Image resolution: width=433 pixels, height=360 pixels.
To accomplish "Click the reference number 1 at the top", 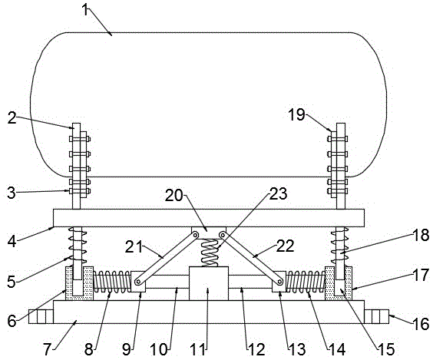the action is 86,11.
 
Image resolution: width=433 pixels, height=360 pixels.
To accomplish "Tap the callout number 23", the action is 278,193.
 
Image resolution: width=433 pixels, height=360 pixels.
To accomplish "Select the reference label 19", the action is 296,114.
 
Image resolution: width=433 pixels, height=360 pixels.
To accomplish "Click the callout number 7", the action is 48,349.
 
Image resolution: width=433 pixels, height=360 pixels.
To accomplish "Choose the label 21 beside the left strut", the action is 134,246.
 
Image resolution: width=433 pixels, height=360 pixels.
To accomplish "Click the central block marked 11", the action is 209,283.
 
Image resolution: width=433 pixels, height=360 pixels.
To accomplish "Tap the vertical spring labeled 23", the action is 210,253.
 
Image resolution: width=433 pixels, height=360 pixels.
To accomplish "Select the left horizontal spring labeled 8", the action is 112,282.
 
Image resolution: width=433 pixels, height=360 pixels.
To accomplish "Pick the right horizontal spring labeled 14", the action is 306,282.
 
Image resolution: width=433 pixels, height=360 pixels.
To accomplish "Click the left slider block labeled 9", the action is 138,282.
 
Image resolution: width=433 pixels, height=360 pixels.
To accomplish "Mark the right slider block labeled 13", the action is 279,282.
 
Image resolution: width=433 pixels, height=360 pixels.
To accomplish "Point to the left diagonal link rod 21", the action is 167,259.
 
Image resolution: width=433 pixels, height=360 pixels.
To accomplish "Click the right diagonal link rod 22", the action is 251,259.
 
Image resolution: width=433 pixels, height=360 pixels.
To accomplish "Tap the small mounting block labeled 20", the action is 209,233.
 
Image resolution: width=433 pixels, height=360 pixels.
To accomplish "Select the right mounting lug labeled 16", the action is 377,316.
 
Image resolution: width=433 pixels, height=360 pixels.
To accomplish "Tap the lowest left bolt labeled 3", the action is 80,191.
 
